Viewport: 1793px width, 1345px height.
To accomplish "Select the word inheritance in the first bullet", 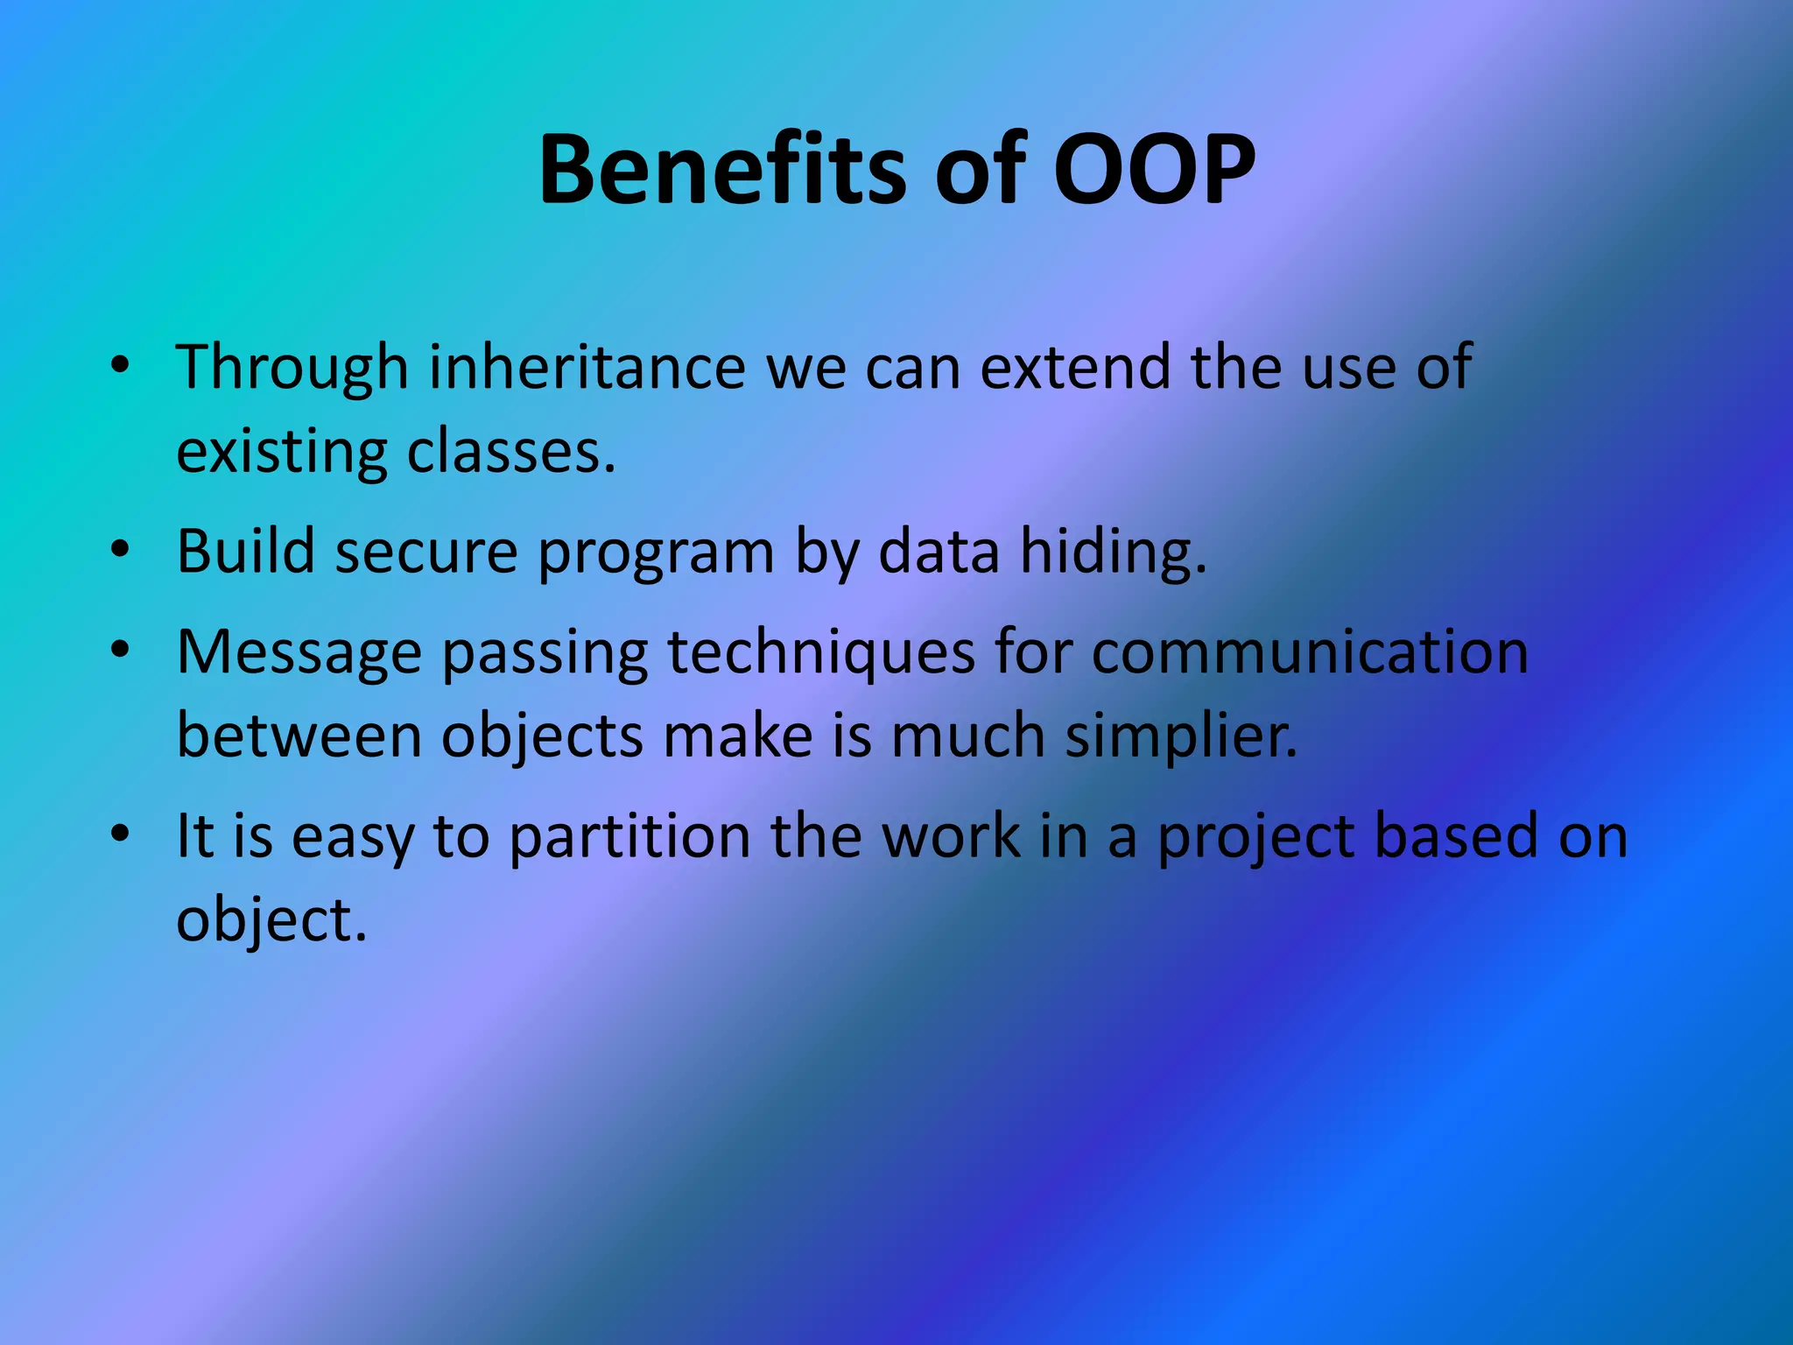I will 587,367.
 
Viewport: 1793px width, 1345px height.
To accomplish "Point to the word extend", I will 1075,367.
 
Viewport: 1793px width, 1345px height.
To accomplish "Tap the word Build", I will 246,552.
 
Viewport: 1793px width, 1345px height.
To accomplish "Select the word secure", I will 427,552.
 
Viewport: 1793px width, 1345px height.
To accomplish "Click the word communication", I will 1310,652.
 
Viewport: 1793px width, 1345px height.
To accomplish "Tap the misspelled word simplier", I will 1181,736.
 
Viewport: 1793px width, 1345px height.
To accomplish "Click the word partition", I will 630,836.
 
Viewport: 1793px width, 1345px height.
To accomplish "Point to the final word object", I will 271,919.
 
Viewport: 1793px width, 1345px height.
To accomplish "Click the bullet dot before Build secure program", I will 120,550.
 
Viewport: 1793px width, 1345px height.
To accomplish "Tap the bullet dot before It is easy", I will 120,834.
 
